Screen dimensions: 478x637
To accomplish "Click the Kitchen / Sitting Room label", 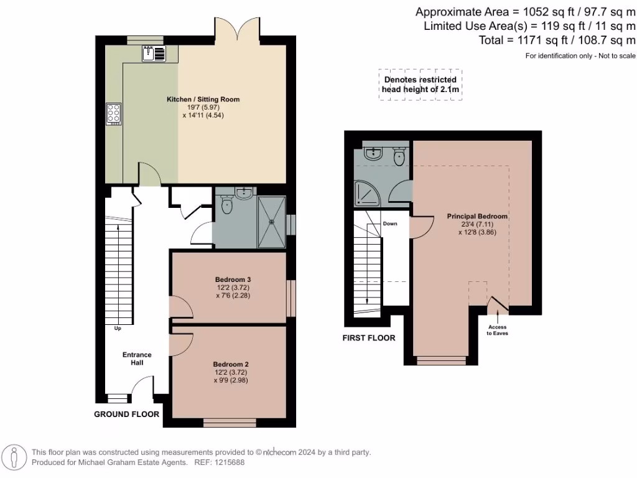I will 202,100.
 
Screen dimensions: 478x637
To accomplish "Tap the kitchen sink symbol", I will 154,54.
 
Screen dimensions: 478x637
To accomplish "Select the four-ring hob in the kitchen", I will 114,113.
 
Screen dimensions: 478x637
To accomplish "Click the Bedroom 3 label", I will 232,279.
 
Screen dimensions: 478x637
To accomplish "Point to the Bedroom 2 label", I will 230,364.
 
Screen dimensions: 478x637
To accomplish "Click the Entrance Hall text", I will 137,358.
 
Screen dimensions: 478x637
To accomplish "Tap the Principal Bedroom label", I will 477,217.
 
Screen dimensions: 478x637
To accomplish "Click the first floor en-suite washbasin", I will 373,153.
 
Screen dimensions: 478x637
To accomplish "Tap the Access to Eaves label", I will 497,330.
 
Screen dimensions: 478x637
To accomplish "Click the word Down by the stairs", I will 390,223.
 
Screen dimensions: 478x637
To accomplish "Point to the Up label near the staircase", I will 117,328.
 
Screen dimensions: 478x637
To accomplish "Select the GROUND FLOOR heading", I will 126,414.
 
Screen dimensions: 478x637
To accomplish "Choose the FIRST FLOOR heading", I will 369,338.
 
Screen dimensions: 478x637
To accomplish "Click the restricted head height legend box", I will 420,85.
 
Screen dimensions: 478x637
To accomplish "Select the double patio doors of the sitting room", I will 236,30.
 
